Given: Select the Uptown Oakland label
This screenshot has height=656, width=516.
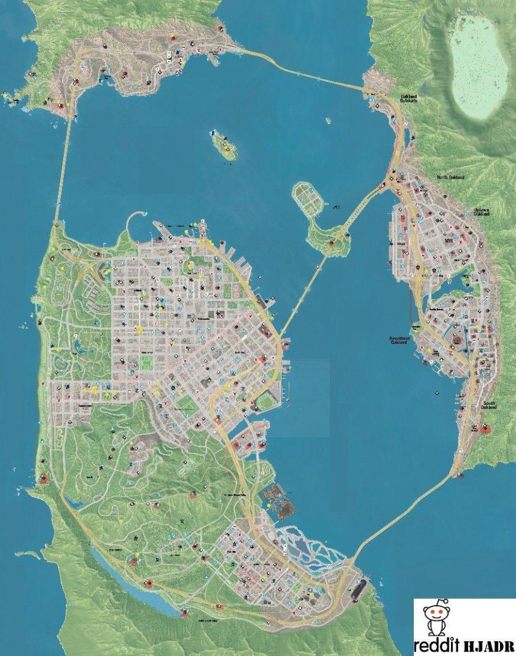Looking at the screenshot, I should tap(482, 212).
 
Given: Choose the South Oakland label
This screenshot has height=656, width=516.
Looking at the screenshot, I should tap(489, 406).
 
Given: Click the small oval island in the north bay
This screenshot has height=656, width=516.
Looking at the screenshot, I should tap(225, 145).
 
